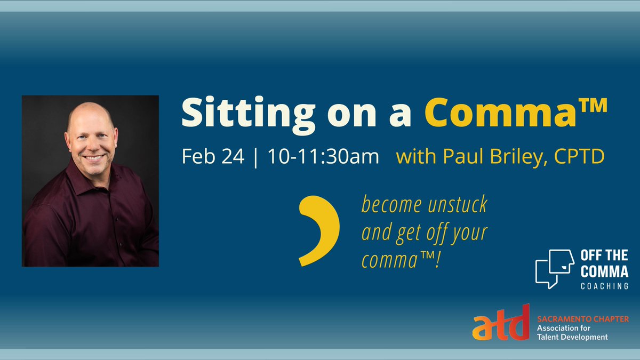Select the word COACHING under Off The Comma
(x=604, y=286)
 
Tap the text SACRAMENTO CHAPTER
(x=582, y=319)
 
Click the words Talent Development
(x=572, y=337)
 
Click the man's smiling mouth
(x=95, y=158)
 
